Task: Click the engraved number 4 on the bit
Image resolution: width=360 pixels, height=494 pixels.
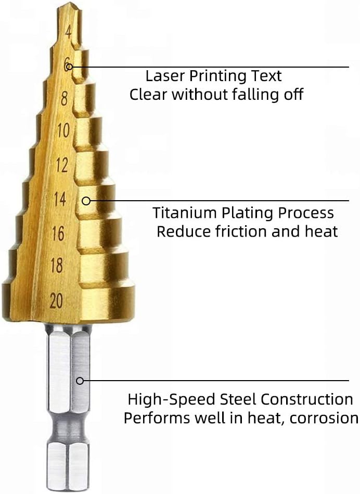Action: [68, 31]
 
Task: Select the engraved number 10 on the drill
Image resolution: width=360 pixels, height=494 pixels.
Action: [63, 131]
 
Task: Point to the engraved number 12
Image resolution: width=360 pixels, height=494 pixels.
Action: [61, 165]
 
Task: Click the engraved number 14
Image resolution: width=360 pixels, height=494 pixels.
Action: [60, 199]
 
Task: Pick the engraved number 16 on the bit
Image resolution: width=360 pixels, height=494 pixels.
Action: [58, 233]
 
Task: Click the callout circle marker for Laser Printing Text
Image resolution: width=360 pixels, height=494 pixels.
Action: [69, 67]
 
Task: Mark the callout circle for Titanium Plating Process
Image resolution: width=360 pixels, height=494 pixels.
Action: [86, 200]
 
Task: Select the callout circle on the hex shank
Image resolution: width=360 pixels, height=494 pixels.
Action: [80, 381]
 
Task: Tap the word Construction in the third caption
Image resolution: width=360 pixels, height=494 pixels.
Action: [307, 399]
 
